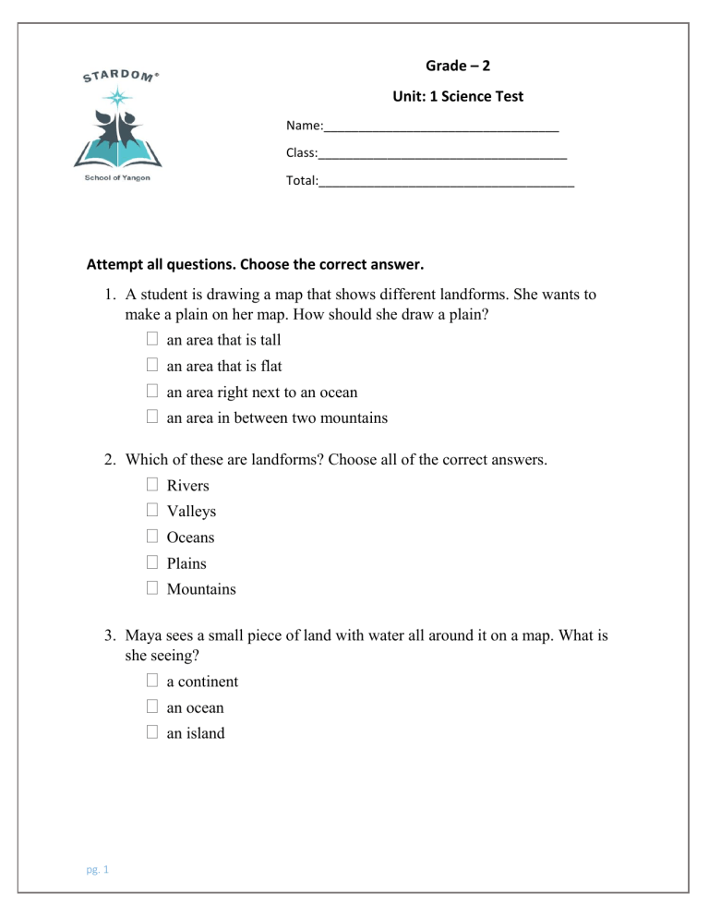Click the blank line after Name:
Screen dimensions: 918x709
pyautogui.click(x=440, y=127)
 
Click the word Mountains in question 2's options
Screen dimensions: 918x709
pyautogui.click(x=201, y=589)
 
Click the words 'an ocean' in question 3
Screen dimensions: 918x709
pyautogui.click(x=195, y=708)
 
